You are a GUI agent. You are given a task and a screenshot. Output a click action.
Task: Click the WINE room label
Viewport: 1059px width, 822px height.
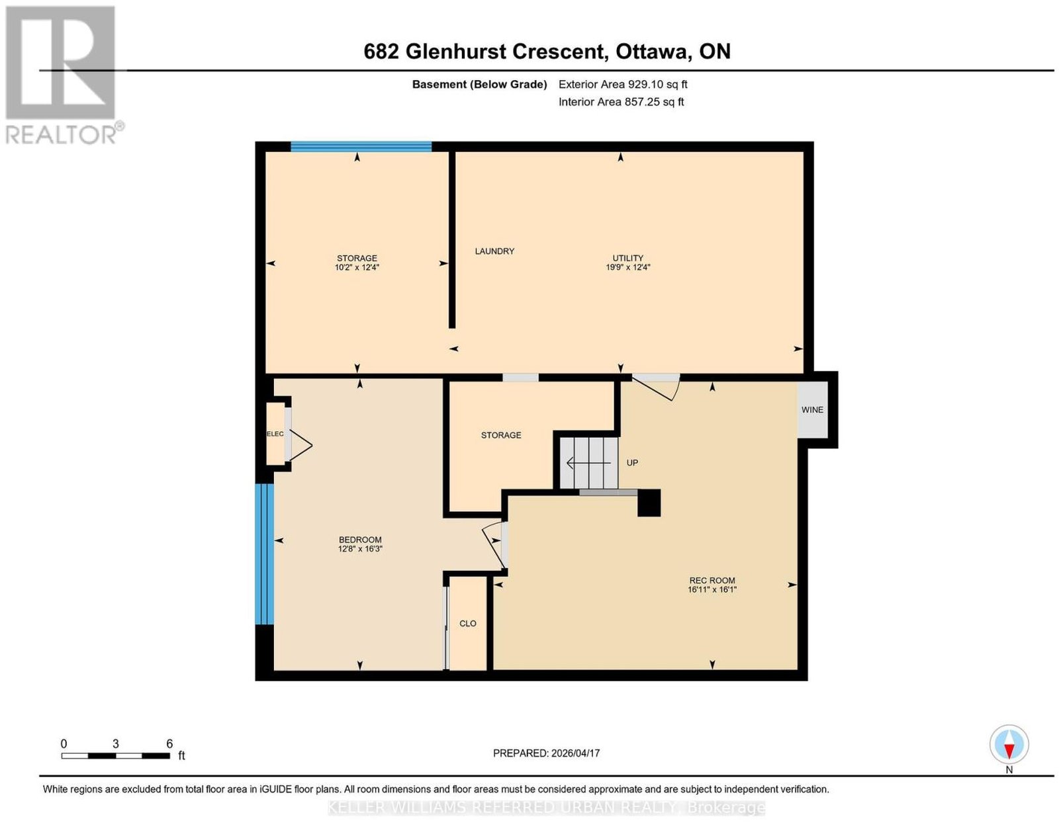pyautogui.click(x=812, y=410)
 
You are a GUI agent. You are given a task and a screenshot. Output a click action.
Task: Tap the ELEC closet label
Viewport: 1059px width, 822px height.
pyautogui.click(x=275, y=434)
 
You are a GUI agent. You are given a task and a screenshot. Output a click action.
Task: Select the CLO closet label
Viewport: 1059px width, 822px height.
pyautogui.click(x=467, y=624)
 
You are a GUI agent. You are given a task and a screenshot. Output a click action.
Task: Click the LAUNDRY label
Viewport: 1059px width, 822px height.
pyautogui.click(x=494, y=251)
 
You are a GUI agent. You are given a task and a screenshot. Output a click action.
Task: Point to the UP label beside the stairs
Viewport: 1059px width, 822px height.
pyautogui.click(x=632, y=463)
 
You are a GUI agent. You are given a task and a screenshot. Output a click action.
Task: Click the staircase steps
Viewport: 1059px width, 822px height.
pyautogui.click(x=588, y=463)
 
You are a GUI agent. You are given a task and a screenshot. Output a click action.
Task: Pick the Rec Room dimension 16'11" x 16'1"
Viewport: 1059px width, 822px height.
pyautogui.click(x=712, y=589)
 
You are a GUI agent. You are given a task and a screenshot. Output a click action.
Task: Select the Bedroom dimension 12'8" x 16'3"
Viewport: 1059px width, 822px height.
pyautogui.click(x=360, y=548)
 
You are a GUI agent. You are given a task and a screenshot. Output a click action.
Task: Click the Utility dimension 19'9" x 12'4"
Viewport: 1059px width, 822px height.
pyautogui.click(x=627, y=267)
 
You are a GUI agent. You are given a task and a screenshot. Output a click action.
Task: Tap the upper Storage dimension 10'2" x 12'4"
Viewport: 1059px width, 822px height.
pyautogui.click(x=357, y=267)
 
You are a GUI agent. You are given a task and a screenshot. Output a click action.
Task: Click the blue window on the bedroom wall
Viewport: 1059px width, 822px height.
pyautogui.click(x=265, y=554)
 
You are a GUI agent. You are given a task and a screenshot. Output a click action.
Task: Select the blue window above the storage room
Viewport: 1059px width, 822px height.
pyautogui.click(x=361, y=147)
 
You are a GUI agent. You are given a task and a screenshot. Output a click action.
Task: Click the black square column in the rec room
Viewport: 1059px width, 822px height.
pyautogui.click(x=649, y=503)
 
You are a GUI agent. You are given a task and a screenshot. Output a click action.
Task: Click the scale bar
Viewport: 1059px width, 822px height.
pyautogui.click(x=116, y=756)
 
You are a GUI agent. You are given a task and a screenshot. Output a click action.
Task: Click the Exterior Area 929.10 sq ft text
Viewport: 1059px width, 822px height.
pyautogui.click(x=623, y=84)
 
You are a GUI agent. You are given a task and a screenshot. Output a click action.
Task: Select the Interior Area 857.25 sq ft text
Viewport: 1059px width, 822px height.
pyautogui.click(x=622, y=102)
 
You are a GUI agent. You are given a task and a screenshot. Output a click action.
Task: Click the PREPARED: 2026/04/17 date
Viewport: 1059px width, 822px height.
pyautogui.click(x=546, y=753)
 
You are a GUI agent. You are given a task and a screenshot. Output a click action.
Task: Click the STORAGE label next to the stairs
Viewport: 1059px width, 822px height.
pyautogui.click(x=501, y=435)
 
